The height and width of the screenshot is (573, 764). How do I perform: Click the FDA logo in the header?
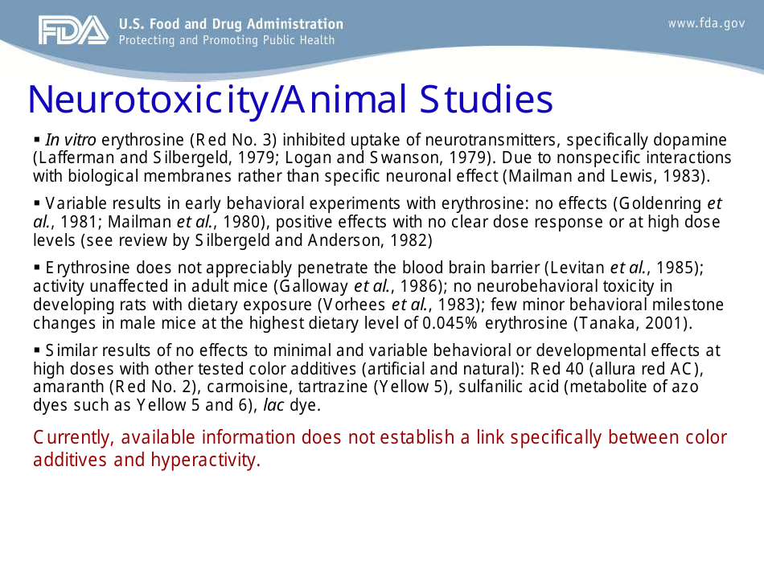(72, 31)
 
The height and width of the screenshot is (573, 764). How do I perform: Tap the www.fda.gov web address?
(706, 23)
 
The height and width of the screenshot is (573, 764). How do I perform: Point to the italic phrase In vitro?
(71, 140)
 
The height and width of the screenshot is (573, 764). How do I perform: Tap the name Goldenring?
(653, 202)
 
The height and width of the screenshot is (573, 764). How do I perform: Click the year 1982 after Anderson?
(413, 239)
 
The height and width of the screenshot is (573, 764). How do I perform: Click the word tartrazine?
(327, 387)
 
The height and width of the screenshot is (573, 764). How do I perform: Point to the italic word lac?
(274, 405)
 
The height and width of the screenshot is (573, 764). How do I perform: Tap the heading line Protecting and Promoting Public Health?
(226, 39)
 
